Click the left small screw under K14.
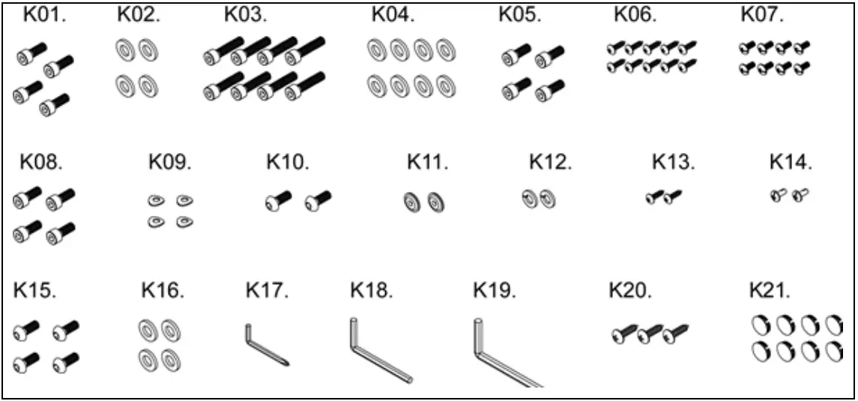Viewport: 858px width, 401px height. pyautogui.click(x=779, y=195)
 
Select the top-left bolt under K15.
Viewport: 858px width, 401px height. pyautogui.click(x=28, y=328)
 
